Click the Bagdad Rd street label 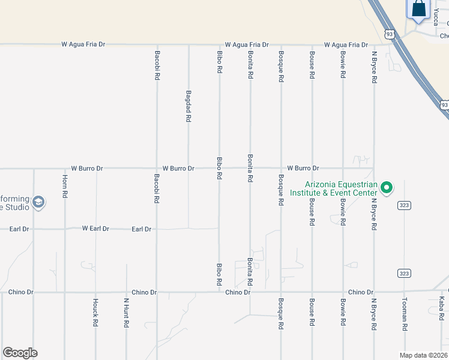point(188,107)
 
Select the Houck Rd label point(95,312)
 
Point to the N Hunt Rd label point(127,313)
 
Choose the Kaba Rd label point(441,307)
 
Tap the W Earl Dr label point(95,229)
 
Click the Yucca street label point(436,17)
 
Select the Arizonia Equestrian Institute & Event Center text point(333,189)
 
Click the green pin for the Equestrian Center point(387,188)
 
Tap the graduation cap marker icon point(38,202)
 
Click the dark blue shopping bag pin point(419,11)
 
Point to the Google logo point(20,353)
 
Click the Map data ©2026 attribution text point(423,355)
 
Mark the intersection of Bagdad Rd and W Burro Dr point(188,169)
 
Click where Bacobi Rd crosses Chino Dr point(157,292)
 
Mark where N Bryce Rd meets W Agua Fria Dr point(374,45)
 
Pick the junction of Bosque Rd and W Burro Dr point(280,169)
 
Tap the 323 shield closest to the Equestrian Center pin point(403,205)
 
